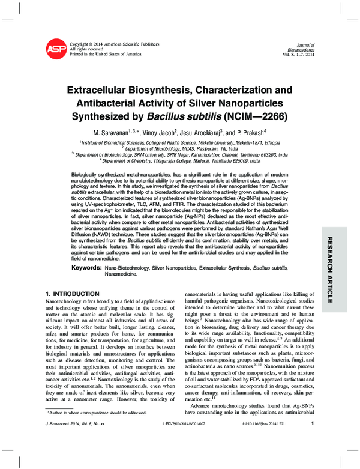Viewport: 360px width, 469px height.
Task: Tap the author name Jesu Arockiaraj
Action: (202, 131)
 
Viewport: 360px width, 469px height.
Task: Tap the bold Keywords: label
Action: (87, 266)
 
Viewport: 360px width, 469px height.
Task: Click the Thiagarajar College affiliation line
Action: (180, 161)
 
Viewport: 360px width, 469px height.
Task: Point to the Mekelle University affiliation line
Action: (180, 142)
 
